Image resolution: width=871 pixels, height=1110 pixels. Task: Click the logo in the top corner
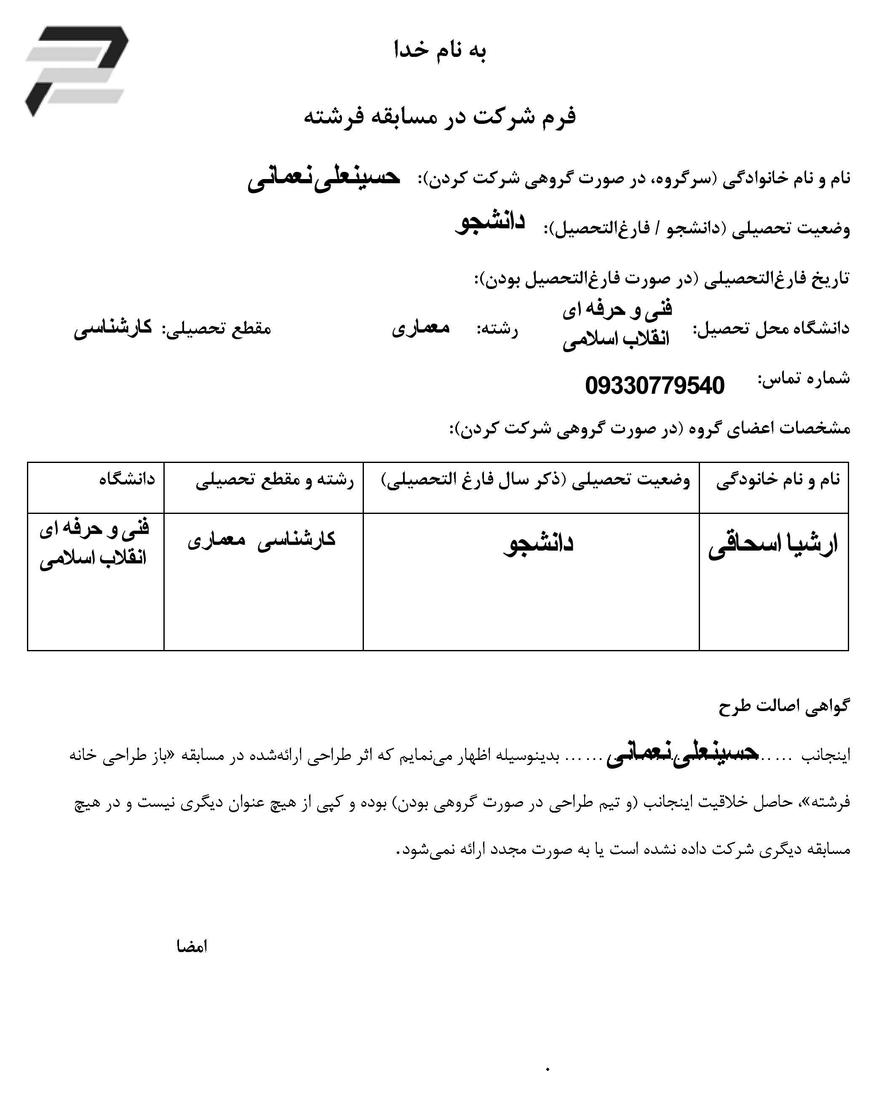point(77,70)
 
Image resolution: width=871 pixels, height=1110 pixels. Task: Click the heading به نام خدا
point(440,51)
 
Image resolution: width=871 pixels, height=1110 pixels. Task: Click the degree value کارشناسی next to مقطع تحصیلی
point(113,328)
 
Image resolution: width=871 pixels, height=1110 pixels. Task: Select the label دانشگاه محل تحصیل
point(771,329)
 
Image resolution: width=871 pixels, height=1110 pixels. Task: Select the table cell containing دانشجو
point(539,544)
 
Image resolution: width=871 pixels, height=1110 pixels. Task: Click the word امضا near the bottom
point(192,947)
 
